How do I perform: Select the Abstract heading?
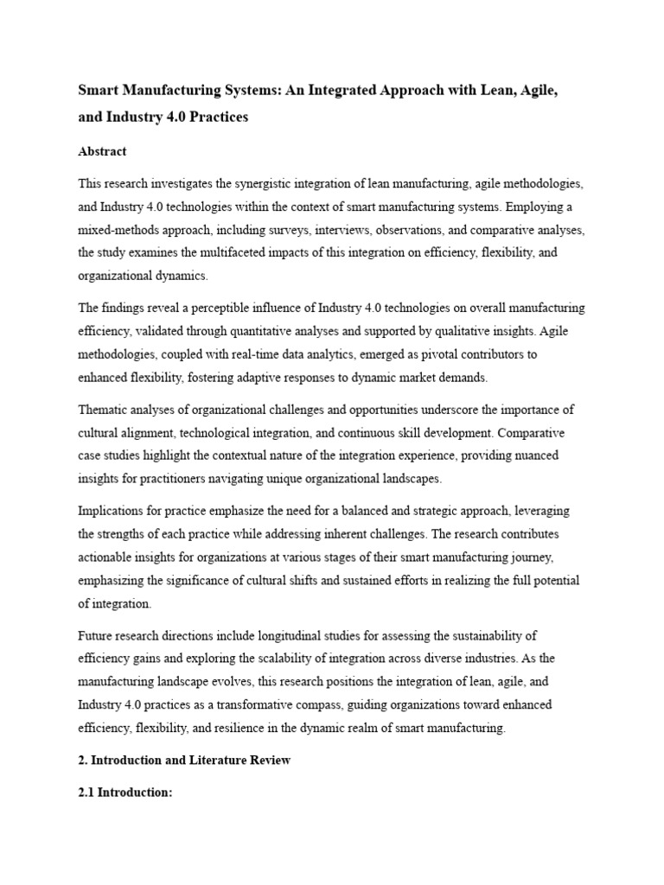pos(102,151)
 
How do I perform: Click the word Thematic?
pos(107,409)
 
